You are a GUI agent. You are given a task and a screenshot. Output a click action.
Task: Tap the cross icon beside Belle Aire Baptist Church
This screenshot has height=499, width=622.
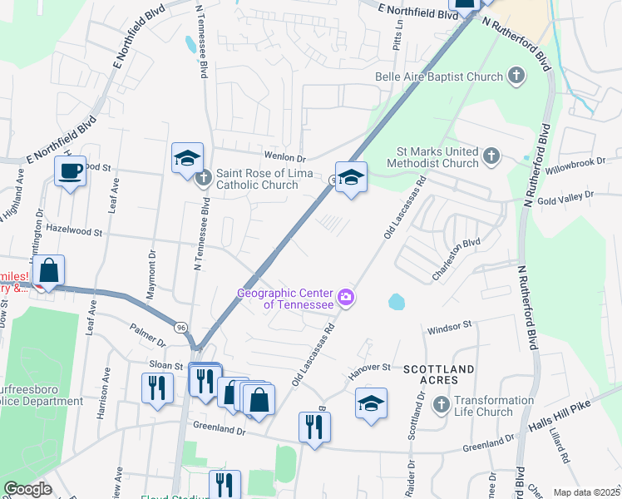(x=516, y=77)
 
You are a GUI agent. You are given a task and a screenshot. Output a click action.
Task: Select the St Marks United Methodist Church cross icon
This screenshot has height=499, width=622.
(x=491, y=156)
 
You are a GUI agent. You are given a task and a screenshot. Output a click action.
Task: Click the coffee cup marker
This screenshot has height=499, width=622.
(x=70, y=171)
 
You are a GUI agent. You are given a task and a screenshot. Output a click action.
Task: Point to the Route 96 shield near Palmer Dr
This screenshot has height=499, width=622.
(x=180, y=328)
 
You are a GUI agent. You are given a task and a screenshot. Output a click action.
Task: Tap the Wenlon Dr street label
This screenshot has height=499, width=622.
(x=285, y=157)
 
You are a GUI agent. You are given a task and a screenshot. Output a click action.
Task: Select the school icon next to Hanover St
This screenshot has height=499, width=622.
(x=371, y=404)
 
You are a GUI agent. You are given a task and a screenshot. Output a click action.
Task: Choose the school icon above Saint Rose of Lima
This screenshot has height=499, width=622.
(x=188, y=157)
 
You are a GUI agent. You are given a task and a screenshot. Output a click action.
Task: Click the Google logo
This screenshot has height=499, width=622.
(x=27, y=490)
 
